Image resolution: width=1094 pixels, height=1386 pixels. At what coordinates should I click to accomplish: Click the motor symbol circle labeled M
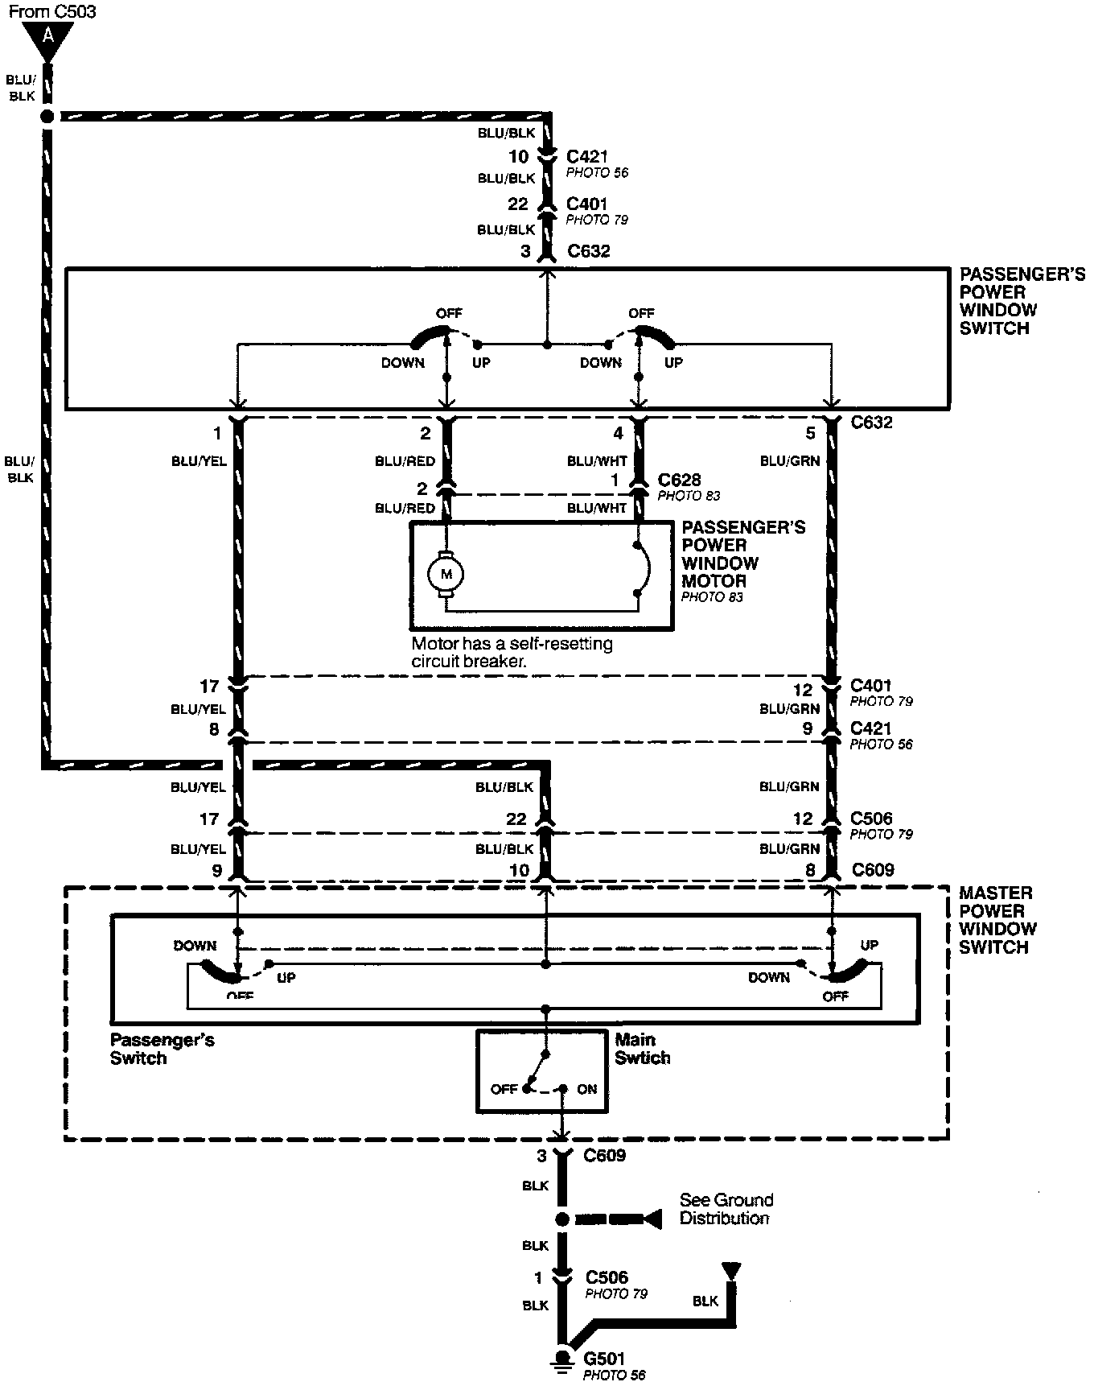445,574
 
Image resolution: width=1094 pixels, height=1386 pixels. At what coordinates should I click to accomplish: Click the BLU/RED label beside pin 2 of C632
405,461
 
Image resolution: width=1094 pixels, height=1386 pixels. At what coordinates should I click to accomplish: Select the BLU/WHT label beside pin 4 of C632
597,461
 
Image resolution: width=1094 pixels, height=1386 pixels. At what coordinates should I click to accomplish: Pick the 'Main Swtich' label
642,1049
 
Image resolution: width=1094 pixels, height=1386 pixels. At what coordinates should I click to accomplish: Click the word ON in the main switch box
587,1089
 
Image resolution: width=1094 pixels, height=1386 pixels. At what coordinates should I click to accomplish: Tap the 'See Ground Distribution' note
726,1209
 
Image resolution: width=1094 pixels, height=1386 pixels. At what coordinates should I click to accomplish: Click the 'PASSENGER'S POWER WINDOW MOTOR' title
743,554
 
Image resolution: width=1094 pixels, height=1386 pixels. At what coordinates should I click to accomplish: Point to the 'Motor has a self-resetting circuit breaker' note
512,653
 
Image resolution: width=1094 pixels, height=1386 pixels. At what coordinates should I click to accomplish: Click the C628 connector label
679,480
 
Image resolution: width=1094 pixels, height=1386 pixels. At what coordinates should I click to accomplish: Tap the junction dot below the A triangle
47,117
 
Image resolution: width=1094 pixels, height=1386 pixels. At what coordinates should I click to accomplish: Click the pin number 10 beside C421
518,157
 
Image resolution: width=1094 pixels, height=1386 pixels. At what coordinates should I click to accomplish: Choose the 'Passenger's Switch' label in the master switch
162,1049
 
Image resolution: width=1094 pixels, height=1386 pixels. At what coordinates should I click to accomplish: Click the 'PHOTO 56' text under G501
614,1376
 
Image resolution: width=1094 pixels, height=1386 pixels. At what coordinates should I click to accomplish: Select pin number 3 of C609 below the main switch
541,1156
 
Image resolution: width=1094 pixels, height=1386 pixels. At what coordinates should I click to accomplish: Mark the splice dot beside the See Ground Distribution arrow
561,1219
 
